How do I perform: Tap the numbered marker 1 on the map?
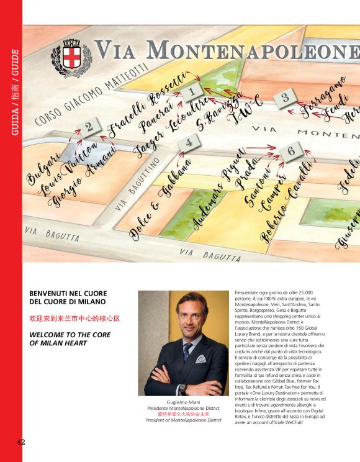coord(192,93)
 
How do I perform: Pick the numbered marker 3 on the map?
coord(284,97)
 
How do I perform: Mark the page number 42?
coord(21,442)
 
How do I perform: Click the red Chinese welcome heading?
coord(74,317)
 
